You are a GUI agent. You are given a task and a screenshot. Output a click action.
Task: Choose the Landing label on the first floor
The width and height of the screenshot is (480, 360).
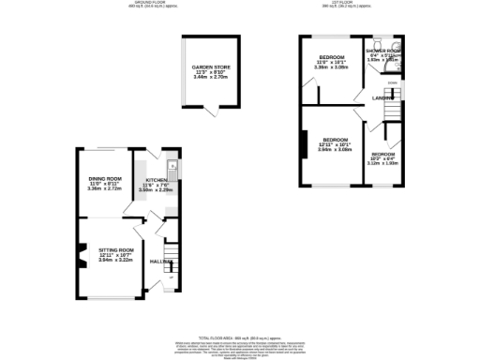point(382,97)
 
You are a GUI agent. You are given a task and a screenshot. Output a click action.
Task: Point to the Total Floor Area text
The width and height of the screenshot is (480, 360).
point(242,337)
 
